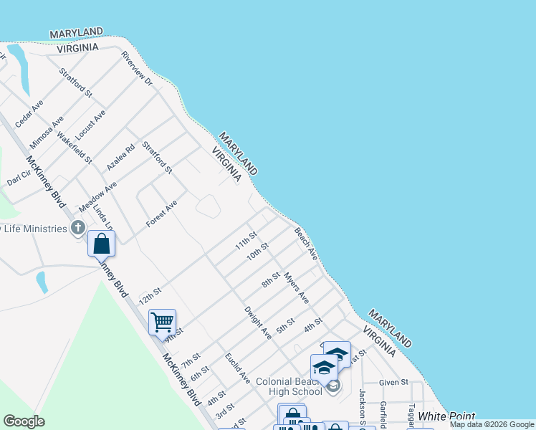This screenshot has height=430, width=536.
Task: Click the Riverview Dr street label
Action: (137, 69)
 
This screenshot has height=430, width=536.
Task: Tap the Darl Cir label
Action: (16, 177)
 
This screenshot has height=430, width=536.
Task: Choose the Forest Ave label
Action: (161, 214)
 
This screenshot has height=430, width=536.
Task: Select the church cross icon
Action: (78, 229)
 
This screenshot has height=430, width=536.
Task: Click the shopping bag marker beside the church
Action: (102, 244)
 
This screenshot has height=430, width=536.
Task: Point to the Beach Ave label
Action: (305, 243)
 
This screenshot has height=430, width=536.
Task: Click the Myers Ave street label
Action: (295, 287)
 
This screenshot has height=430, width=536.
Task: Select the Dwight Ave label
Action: (258, 322)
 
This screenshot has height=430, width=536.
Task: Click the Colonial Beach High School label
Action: (289, 386)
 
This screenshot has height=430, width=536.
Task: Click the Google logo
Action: (24, 421)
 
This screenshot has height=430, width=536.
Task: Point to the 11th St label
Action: (246, 241)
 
